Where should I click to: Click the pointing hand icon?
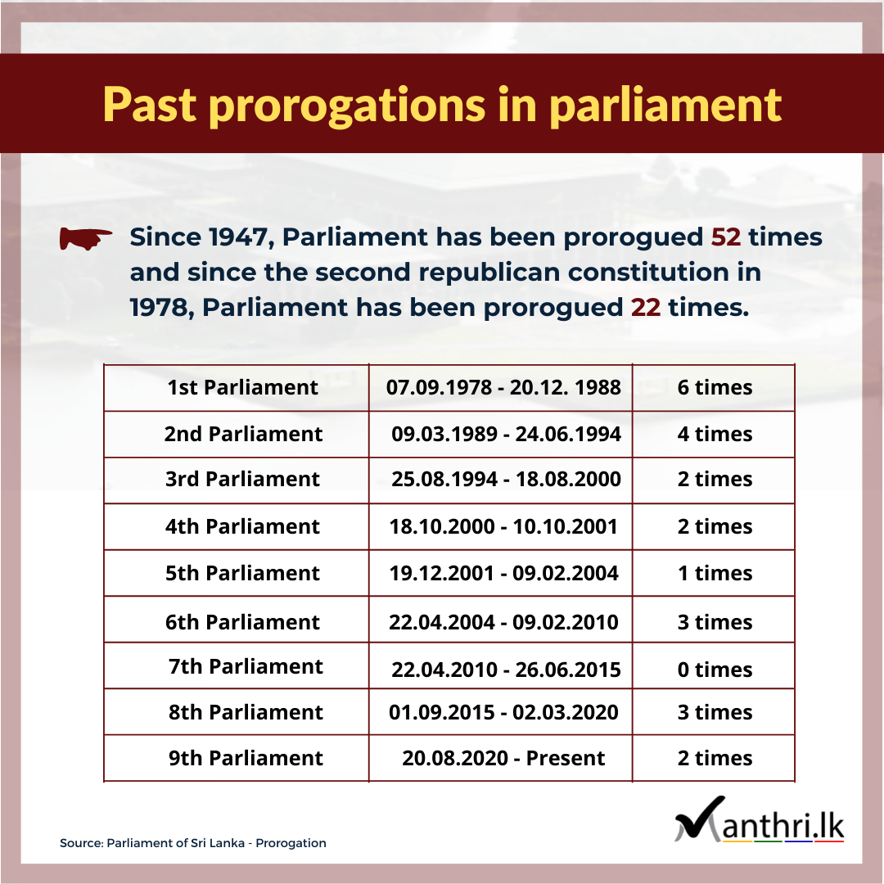(86, 238)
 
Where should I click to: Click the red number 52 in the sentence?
(725, 237)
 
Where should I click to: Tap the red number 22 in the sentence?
(646, 307)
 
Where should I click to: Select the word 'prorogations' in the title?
(347, 106)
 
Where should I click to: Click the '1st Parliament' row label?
(242, 387)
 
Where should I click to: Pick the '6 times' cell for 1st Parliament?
(715, 387)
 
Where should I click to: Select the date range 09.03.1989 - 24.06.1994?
(506, 434)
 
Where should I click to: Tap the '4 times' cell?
(715, 434)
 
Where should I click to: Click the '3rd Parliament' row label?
(242, 479)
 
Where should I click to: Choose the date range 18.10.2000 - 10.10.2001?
(503, 526)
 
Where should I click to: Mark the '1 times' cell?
(715, 573)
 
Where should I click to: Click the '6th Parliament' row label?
(242, 622)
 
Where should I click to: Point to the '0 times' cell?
(715, 670)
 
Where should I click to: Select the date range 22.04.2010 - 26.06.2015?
(506, 670)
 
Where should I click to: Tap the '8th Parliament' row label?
(246, 712)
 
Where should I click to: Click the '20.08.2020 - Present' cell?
(503, 758)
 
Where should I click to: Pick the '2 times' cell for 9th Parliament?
(715, 758)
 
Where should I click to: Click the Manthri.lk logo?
(759, 820)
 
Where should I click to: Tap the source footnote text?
(193, 843)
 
